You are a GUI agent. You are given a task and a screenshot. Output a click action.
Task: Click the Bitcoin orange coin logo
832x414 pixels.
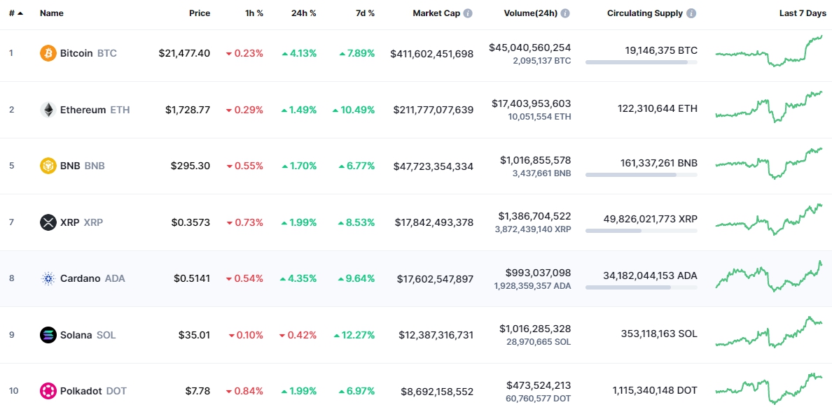coord(48,53)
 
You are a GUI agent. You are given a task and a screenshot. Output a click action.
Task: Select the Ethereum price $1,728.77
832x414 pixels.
coord(188,110)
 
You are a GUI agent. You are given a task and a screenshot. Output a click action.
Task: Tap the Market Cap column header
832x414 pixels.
coord(436,13)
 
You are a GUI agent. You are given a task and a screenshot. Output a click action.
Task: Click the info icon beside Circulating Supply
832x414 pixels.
coord(691,13)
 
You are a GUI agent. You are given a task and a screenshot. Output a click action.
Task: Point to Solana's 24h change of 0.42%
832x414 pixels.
coord(298,335)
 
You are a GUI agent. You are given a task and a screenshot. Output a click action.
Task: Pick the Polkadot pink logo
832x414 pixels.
coord(48,391)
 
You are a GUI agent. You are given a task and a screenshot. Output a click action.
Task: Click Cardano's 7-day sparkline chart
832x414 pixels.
coord(769,276)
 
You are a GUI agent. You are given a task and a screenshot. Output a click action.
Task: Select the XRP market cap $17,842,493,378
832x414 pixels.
coord(434,222)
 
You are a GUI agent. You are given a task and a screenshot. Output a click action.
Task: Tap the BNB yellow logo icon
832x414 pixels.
coord(48,166)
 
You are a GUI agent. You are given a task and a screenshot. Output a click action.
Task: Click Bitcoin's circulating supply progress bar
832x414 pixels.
coord(641,62)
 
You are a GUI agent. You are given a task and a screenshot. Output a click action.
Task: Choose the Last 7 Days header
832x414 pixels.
coord(803,13)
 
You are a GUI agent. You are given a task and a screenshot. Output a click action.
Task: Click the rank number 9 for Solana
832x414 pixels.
coord(11,335)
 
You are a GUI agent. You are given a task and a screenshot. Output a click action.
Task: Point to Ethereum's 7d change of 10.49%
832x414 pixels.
coord(354,110)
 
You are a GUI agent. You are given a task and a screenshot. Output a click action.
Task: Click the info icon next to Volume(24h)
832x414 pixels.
coord(565,13)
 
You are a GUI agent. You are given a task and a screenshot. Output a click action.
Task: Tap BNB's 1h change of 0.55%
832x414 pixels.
coord(244,166)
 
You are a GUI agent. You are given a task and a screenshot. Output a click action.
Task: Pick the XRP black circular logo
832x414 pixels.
coord(48,222)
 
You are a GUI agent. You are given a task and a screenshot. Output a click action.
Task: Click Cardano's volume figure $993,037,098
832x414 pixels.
coord(538,272)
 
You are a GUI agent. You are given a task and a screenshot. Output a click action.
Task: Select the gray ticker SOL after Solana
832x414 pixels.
coord(106,335)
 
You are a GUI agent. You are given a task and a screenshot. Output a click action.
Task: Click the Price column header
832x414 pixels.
coord(200,13)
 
